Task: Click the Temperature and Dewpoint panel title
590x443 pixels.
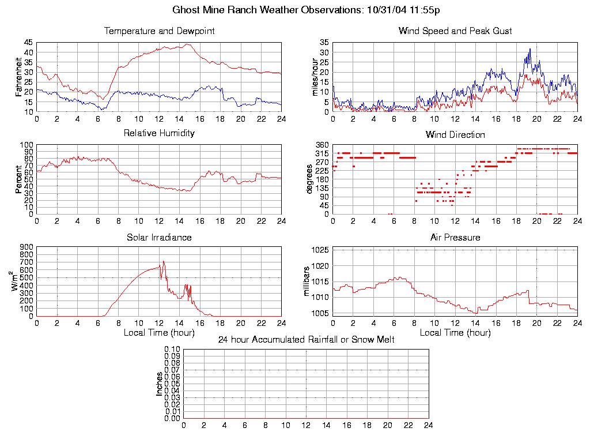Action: click(159, 31)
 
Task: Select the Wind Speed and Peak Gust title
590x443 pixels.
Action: click(455, 31)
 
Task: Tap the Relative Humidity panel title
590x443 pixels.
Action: click(159, 133)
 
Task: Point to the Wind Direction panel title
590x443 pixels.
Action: click(455, 135)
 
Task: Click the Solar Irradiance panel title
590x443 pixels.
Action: click(159, 237)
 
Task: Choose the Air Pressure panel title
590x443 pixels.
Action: click(455, 237)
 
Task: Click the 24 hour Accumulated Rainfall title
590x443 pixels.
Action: click(306, 340)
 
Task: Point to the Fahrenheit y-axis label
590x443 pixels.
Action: click(18, 77)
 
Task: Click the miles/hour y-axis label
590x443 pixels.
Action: click(315, 77)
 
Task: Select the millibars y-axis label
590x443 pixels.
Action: click(307, 281)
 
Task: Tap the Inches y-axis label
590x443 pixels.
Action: click(159, 384)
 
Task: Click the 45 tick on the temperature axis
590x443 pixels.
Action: click(28, 43)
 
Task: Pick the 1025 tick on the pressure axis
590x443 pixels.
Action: click(320, 250)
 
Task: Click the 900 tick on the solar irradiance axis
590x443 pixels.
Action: click(27, 247)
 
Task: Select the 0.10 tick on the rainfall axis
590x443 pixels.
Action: click(172, 349)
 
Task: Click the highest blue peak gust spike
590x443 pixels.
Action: click(530, 49)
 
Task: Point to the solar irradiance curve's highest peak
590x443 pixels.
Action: click(163, 261)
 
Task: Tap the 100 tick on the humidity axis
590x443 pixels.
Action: click(27, 145)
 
